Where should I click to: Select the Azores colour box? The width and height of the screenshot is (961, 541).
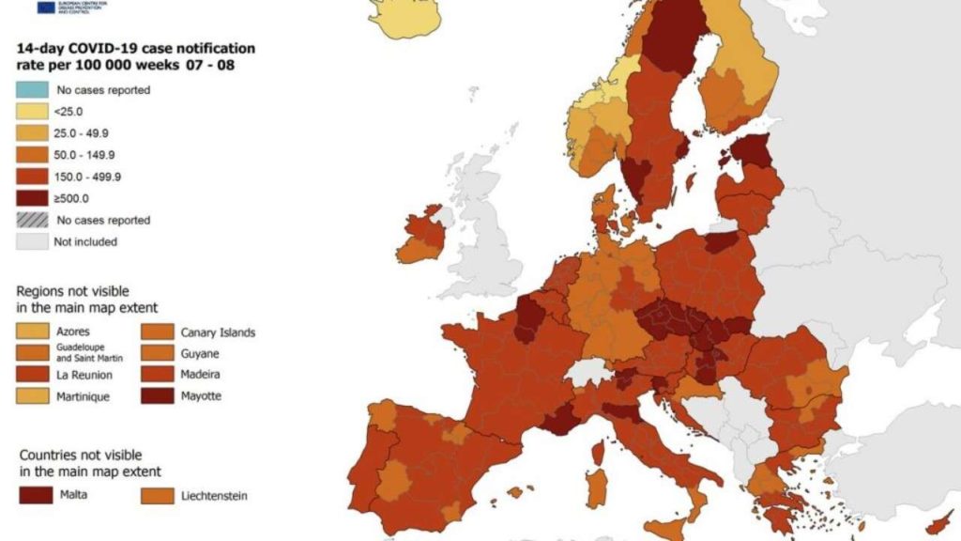pyautogui.click(x=32, y=332)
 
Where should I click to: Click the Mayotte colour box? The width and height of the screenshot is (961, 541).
pyautogui.click(x=157, y=395)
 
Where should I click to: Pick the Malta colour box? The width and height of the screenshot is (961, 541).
pyautogui.click(x=32, y=494)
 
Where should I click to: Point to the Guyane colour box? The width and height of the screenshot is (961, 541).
pyautogui.click(x=157, y=353)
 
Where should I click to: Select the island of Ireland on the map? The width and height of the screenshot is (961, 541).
pyautogui.click(x=421, y=236)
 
